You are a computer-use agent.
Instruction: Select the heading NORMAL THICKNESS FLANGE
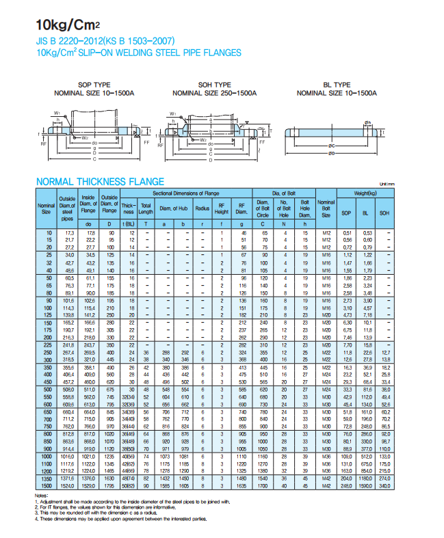point(99,181)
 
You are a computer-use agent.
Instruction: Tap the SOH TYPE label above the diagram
point(214,85)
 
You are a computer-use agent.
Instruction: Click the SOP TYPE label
point(94,85)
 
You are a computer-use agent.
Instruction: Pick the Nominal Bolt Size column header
point(326,208)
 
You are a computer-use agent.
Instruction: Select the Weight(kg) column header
point(366,194)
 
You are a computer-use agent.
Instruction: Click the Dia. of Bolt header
point(283,194)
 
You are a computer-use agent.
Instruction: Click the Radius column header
point(203,208)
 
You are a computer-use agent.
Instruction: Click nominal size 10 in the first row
point(48,233)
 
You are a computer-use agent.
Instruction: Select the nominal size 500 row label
point(47,388)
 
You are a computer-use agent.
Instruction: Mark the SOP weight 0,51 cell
point(347,233)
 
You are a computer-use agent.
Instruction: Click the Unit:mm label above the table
point(387,183)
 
